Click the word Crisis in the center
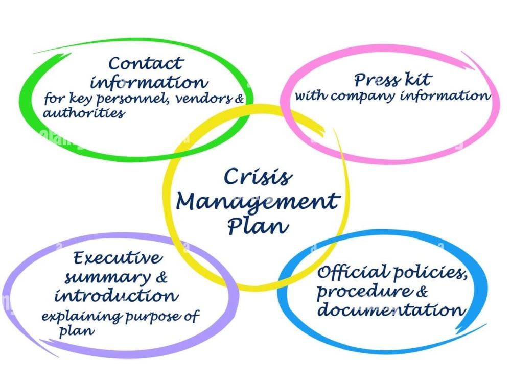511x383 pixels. (x=258, y=177)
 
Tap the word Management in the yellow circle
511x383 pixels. (x=257, y=202)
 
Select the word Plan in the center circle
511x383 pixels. (x=258, y=225)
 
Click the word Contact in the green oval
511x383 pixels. (x=146, y=64)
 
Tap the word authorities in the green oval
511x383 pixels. (x=83, y=113)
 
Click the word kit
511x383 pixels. (x=418, y=80)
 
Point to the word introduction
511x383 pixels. (x=117, y=296)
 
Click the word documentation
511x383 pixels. (x=390, y=310)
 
